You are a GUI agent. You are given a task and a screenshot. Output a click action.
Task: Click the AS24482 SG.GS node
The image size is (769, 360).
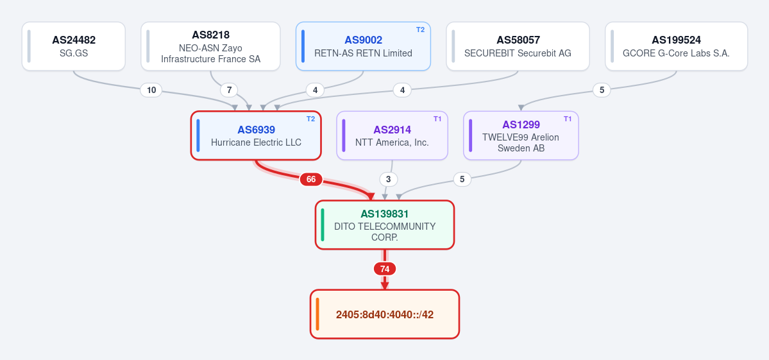click(x=74, y=46)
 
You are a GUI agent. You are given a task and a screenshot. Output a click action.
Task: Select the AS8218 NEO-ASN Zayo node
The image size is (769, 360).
click(x=210, y=46)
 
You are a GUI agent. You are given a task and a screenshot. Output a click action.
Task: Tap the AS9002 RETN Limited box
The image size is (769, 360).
click(x=363, y=46)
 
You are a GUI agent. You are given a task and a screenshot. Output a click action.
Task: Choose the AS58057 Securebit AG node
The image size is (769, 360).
click(x=518, y=46)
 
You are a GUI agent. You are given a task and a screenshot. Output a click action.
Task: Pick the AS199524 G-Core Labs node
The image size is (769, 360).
click(x=676, y=46)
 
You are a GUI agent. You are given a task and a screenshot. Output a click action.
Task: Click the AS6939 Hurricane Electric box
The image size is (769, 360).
click(x=256, y=135)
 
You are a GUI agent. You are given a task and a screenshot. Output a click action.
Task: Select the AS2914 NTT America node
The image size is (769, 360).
click(x=392, y=135)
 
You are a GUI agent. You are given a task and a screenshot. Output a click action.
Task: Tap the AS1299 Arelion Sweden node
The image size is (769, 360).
click(x=521, y=135)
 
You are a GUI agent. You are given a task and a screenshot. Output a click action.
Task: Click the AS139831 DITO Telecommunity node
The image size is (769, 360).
click(x=385, y=225)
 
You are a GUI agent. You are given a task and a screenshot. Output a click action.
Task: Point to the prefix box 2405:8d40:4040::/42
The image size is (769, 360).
click(x=385, y=314)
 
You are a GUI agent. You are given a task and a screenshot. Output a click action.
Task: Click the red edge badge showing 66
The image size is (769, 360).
click(x=311, y=180)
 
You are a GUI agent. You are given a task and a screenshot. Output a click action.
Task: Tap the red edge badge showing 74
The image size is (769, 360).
click(x=385, y=269)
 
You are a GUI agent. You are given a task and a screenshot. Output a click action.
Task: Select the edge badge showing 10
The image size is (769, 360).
click(x=151, y=90)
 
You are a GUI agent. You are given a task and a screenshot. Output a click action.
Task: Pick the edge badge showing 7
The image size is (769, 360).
click(x=228, y=90)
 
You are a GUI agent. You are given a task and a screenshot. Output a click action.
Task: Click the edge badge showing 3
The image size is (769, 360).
click(x=389, y=180)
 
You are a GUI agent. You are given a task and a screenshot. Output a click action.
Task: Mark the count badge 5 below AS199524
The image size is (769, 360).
click(x=602, y=90)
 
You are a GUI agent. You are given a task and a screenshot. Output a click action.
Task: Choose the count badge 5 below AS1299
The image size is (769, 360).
click(x=462, y=180)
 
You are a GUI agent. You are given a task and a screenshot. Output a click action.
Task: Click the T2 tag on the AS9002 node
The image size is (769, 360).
click(x=420, y=30)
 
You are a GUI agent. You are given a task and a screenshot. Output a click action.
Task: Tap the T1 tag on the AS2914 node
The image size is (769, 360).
click(x=437, y=119)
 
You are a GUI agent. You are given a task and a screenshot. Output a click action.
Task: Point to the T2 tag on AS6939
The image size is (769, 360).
click(x=311, y=119)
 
